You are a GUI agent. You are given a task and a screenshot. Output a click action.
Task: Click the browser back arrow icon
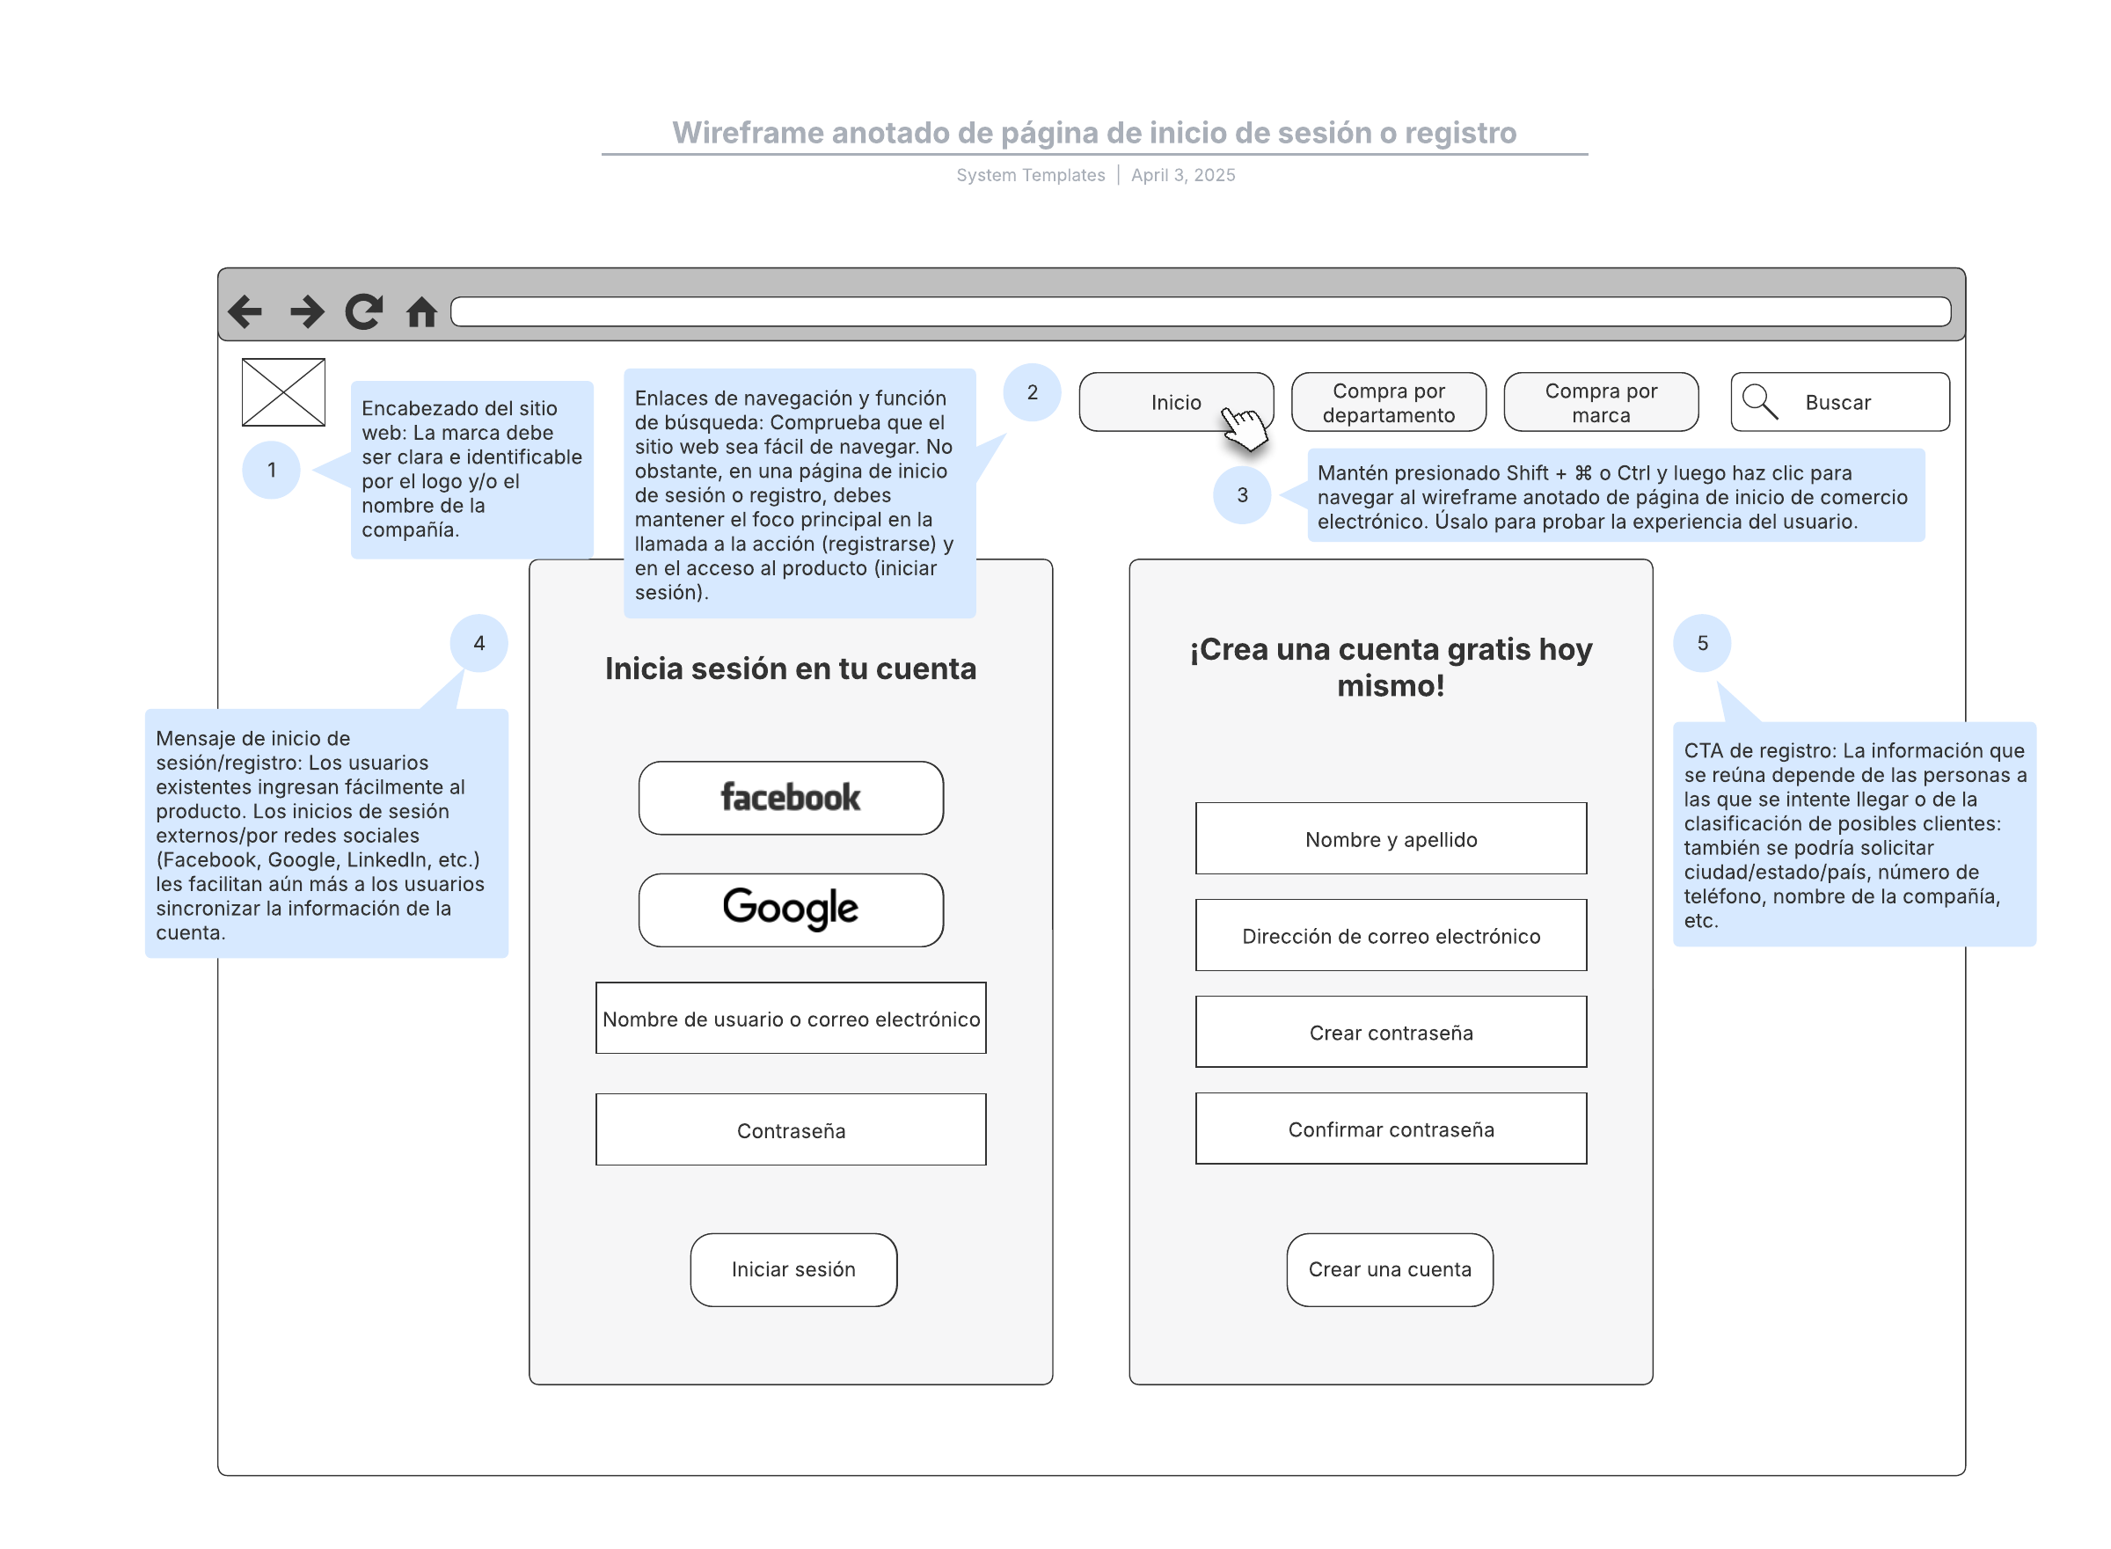click(x=245, y=311)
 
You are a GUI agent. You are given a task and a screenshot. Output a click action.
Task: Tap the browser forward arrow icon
click(x=306, y=311)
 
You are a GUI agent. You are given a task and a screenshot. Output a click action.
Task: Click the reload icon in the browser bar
click(x=363, y=311)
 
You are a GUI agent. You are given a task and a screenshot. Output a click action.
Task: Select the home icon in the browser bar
click(x=422, y=311)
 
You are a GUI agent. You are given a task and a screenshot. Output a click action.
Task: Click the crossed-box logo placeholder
click(x=283, y=392)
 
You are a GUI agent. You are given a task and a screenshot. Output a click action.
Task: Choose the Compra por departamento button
click(x=1388, y=402)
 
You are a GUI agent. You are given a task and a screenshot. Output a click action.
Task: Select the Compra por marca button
click(x=1601, y=402)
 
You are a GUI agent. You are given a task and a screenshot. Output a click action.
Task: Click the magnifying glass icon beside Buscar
click(x=1759, y=401)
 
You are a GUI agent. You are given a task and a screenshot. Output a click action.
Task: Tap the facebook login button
click(x=791, y=798)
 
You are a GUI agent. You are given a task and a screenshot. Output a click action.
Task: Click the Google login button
click(x=791, y=910)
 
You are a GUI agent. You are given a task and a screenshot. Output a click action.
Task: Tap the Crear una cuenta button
click(x=1390, y=1269)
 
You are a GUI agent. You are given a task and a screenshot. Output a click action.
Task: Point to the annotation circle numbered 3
click(x=1242, y=495)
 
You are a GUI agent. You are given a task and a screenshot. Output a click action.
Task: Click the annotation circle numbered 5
click(x=1702, y=643)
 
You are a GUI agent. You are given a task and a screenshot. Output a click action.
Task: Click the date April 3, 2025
click(x=1183, y=175)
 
